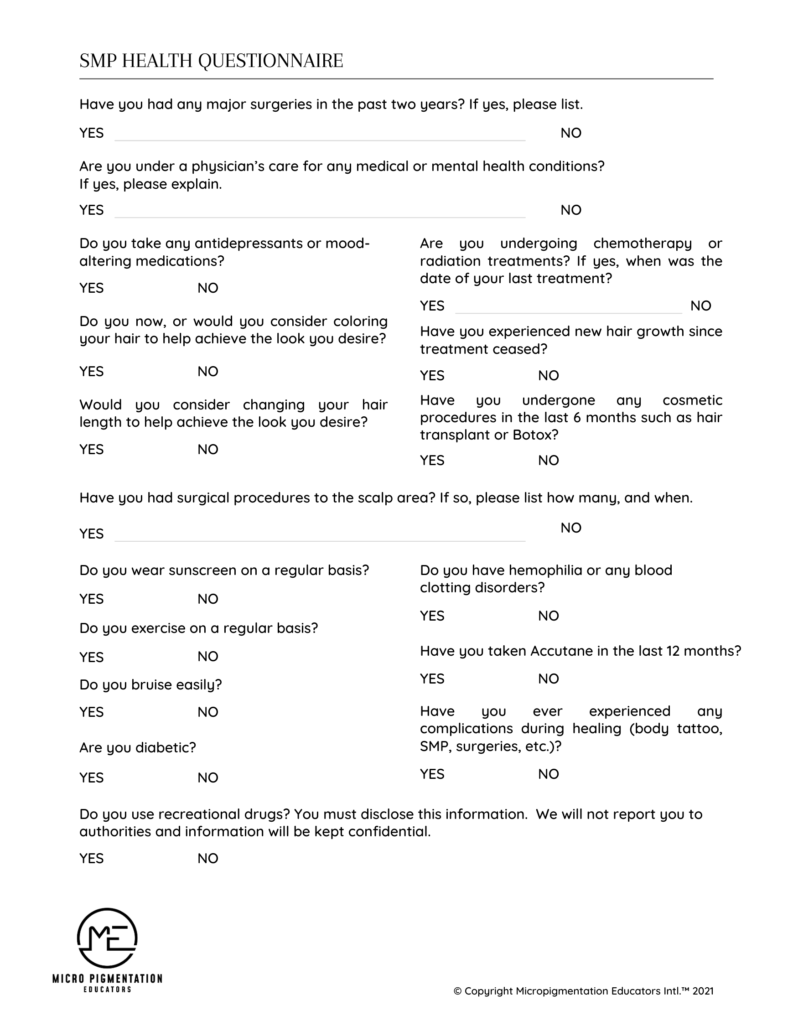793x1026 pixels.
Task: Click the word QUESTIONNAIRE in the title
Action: [x=270, y=61]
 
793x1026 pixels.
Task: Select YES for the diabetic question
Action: [x=91, y=777]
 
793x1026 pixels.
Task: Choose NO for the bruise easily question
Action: [x=207, y=712]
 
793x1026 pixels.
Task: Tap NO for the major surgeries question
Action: [x=571, y=133]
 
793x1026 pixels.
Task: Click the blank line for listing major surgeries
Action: [x=320, y=136]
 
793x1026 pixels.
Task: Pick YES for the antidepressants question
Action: [x=91, y=288]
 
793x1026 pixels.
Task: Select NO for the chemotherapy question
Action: [x=700, y=306]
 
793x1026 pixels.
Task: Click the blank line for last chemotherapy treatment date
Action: [x=568, y=309]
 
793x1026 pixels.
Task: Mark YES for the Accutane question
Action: [x=432, y=679]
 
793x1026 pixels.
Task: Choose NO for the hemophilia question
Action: [x=548, y=616]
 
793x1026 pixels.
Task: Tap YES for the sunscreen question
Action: [x=91, y=599]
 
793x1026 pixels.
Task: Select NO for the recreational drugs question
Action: [x=207, y=858]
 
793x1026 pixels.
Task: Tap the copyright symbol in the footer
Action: [x=457, y=991]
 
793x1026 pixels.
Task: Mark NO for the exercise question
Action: [x=207, y=656]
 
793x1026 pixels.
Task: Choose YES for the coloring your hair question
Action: [x=91, y=372]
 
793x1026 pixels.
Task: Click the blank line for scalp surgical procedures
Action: [x=320, y=537]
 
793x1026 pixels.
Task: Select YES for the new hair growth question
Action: [x=432, y=375]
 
